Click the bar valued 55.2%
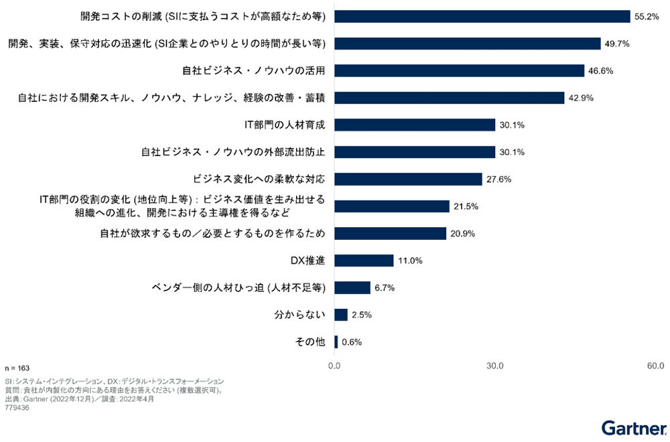coord(482,16)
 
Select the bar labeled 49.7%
coord(467,44)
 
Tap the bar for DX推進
coord(364,261)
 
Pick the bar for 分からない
coord(341,315)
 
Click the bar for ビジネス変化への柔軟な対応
coord(408,179)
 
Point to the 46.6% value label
coord(600,70)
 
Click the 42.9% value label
coord(580,98)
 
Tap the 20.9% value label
coord(462,234)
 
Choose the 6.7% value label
coord(384,288)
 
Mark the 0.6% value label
coord(352,342)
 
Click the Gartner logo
coord(633,427)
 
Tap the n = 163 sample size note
coord(16,367)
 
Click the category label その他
coord(310,342)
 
